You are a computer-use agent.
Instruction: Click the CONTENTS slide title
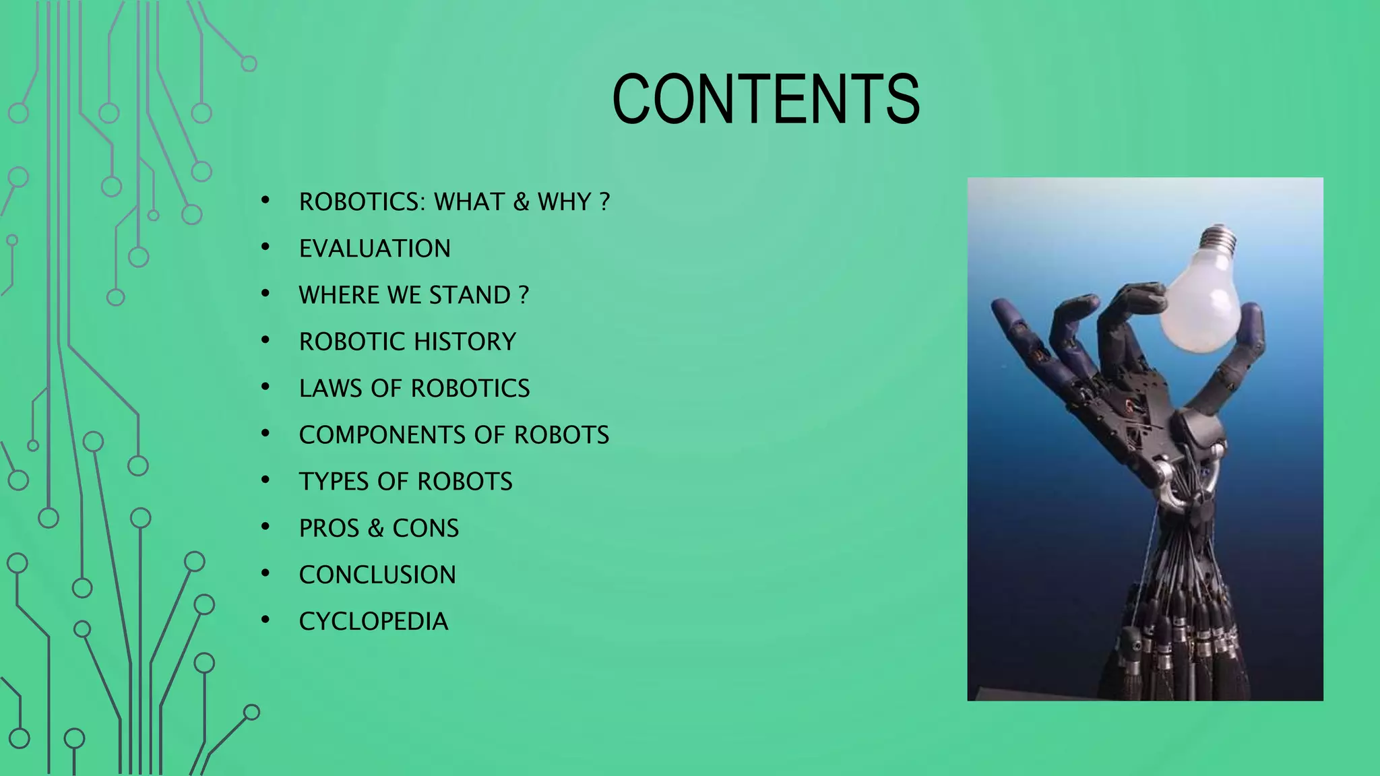pyautogui.click(x=765, y=100)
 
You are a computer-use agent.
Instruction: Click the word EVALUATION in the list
pyautogui.click(x=375, y=249)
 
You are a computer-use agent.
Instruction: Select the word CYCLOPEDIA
pyautogui.click(x=373, y=621)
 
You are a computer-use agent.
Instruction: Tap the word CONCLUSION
pyautogui.click(x=377, y=575)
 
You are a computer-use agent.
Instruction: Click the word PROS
pyautogui.click(x=329, y=528)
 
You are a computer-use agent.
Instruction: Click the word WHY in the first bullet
pyautogui.click(x=564, y=202)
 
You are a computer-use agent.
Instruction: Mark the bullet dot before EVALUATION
pyautogui.click(x=265, y=247)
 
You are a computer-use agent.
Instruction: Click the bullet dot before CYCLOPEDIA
pyautogui.click(x=265, y=620)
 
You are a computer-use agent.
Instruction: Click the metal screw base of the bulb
pyautogui.click(x=1219, y=239)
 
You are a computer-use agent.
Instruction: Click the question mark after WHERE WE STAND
pyautogui.click(x=524, y=295)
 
